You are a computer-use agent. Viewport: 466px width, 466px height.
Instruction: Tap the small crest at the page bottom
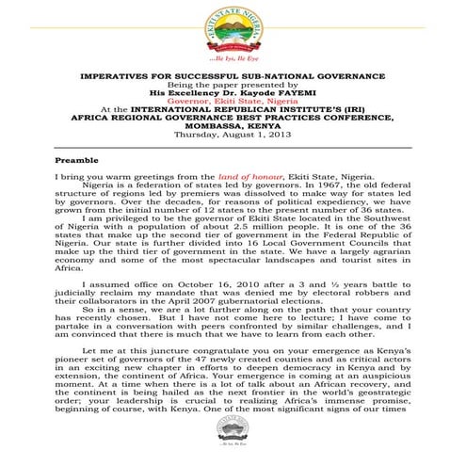233,442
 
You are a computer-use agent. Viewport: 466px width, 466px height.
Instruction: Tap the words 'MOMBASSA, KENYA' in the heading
233,127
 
